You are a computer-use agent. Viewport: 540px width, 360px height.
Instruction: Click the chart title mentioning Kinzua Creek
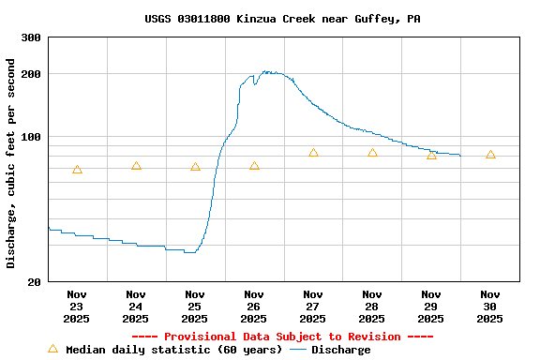(x=282, y=19)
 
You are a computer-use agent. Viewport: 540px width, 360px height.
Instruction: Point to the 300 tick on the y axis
(x=31, y=37)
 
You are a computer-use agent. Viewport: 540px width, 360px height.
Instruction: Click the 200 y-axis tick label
(x=31, y=74)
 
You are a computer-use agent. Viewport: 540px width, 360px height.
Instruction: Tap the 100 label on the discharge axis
(x=31, y=137)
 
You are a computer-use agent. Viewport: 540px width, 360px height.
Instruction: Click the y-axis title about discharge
(x=11, y=163)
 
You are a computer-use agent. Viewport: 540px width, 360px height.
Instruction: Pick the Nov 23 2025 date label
(x=77, y=306)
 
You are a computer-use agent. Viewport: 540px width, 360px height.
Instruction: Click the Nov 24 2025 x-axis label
(x=136, y=306)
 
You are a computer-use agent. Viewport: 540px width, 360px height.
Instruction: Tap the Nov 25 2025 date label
(x=195, y=306)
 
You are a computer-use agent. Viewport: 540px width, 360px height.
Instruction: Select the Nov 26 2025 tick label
(x=254, y=306)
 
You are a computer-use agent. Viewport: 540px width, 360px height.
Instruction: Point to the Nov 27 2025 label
(x=313, y=306)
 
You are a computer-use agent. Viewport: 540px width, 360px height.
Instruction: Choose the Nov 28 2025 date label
(x=372, y=306)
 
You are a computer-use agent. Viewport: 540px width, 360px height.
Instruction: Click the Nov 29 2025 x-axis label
(x=431, y=306)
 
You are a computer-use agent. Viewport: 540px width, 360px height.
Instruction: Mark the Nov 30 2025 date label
(x=489, y=306)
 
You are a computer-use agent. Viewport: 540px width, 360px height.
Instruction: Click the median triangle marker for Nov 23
(x=77, y=170)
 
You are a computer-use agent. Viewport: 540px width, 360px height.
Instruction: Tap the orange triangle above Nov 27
(x=313, y=152)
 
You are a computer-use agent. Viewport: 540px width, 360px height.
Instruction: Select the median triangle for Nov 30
(x=490, y=155)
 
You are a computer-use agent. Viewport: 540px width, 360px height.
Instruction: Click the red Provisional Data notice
(x=282, y=337)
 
